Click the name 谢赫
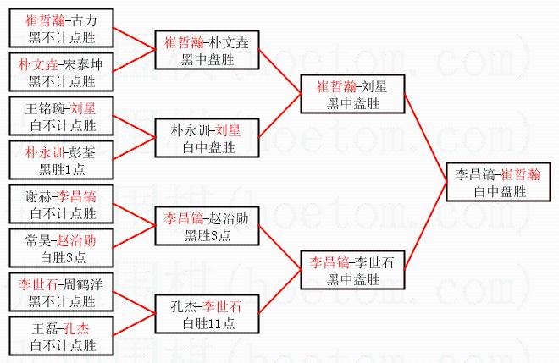(x=39, y=196)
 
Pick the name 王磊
(x=46, y=327)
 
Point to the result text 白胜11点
(x=206, y=321)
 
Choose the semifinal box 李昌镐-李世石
(x=350, y=269)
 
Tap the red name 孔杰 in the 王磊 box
(x=79, y=327)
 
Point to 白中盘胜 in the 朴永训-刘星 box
(x=206, y=146)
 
